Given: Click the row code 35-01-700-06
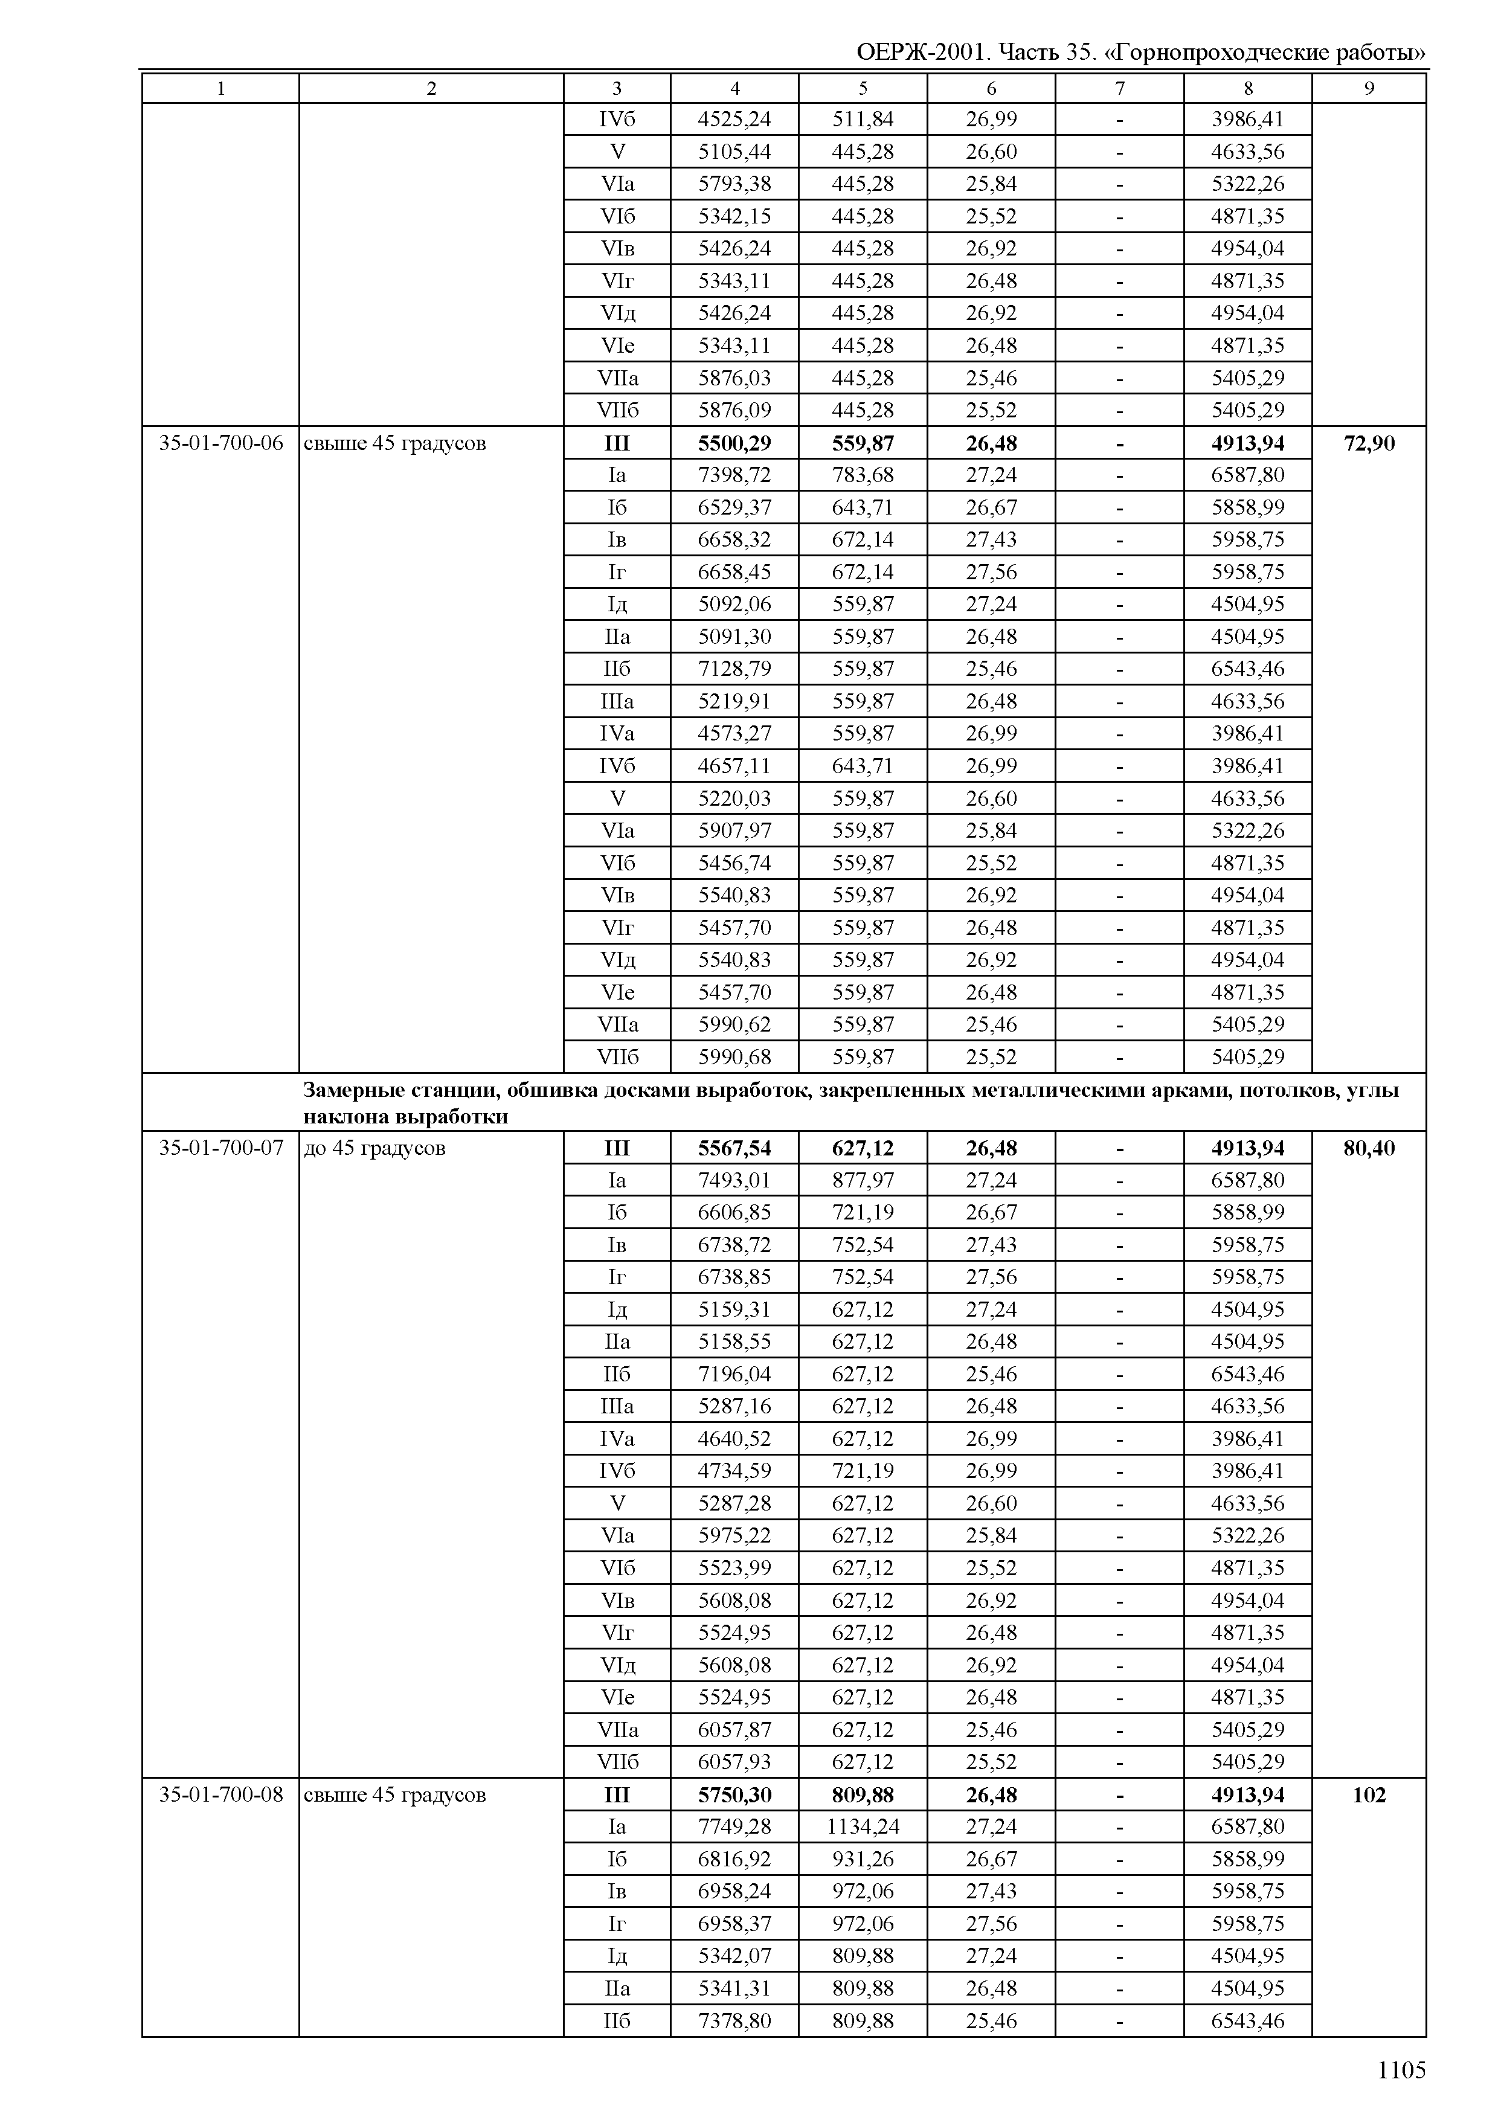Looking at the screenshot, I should click(220, 443).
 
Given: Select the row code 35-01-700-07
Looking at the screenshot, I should click(220, 1148).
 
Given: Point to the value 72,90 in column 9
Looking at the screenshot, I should click(1369, 443).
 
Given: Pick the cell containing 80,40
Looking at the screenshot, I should click(1369, 1148).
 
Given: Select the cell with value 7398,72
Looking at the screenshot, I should click(734, 475).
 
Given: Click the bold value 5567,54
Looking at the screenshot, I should click(734, 1148).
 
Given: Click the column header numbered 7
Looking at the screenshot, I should click(1120, 88).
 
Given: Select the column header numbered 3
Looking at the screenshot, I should click(617, 88).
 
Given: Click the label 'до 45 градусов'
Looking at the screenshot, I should click(375, 1148).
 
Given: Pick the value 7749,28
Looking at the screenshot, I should click(734, 1826).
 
